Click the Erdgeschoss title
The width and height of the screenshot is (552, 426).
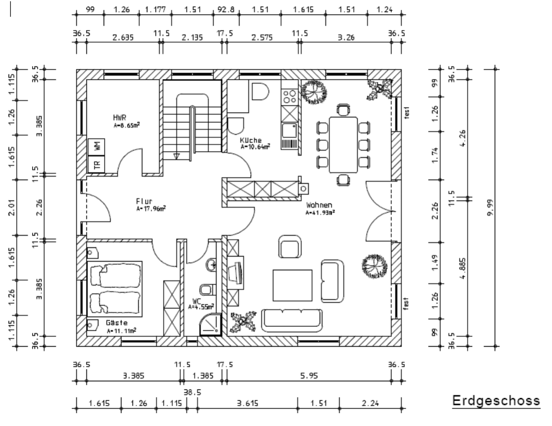coord(496,401)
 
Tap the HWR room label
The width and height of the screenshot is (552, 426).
coord(120,118)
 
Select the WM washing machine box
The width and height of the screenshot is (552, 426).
coord(96,147)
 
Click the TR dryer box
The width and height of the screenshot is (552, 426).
coord(96,165)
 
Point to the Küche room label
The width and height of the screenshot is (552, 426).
coord(251,140)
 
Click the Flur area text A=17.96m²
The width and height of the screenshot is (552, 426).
coord(151,209)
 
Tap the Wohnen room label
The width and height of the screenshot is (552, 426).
coord(319,205)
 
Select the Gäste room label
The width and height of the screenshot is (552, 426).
coord(117,323)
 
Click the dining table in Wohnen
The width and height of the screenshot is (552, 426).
coord(343,145)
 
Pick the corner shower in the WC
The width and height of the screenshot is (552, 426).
coord(211,325)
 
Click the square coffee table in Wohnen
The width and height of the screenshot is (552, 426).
coord(292,285)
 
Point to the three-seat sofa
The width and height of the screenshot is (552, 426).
coord(292,320)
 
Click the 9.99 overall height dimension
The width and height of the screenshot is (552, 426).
coord(491,207)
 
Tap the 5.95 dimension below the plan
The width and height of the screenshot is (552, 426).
coord(309,376)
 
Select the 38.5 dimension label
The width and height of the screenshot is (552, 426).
coord(192,392)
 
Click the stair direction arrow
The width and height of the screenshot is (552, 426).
coord(176,156)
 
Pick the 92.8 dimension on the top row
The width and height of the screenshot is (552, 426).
coord(226,9)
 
